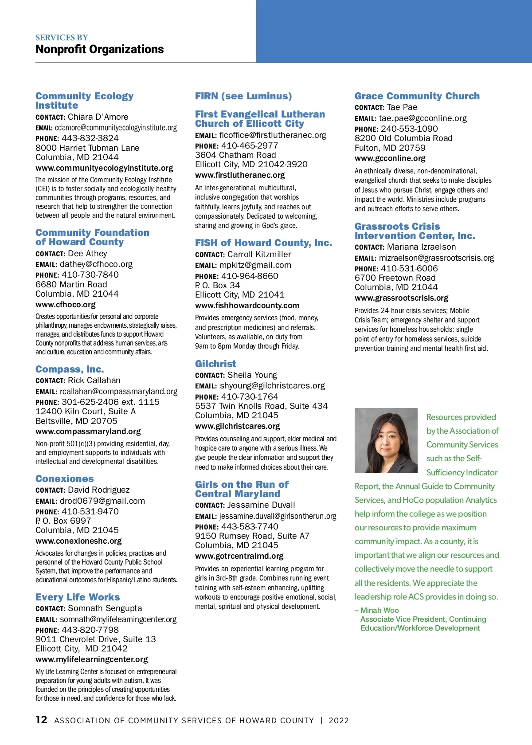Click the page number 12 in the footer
coord(41,720)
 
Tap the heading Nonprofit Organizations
coord(100,49)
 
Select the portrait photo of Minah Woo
coord(386,440)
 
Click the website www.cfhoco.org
coord(66,305)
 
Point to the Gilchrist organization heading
coord(215,364)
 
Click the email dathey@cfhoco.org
coord(96,264)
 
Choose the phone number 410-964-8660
coord(250,276)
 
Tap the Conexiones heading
coord(65,478)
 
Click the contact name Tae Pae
coord(402,107)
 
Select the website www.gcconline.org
coord(390,158)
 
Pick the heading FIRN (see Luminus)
coord(243,96)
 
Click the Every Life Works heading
coord(78,597)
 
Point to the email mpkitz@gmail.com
coord(255,265)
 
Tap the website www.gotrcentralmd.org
coord(239,556)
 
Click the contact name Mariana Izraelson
coord(421,247)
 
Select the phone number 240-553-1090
coord(409,129)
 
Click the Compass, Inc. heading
coord(70,369)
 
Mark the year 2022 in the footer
coord(339,721)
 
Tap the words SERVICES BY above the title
coord(62,38)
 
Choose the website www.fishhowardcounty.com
coord(247,306)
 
